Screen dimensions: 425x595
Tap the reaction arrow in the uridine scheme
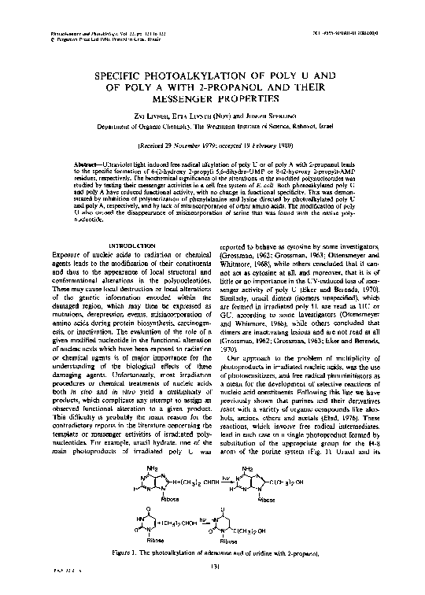(203, 523)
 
